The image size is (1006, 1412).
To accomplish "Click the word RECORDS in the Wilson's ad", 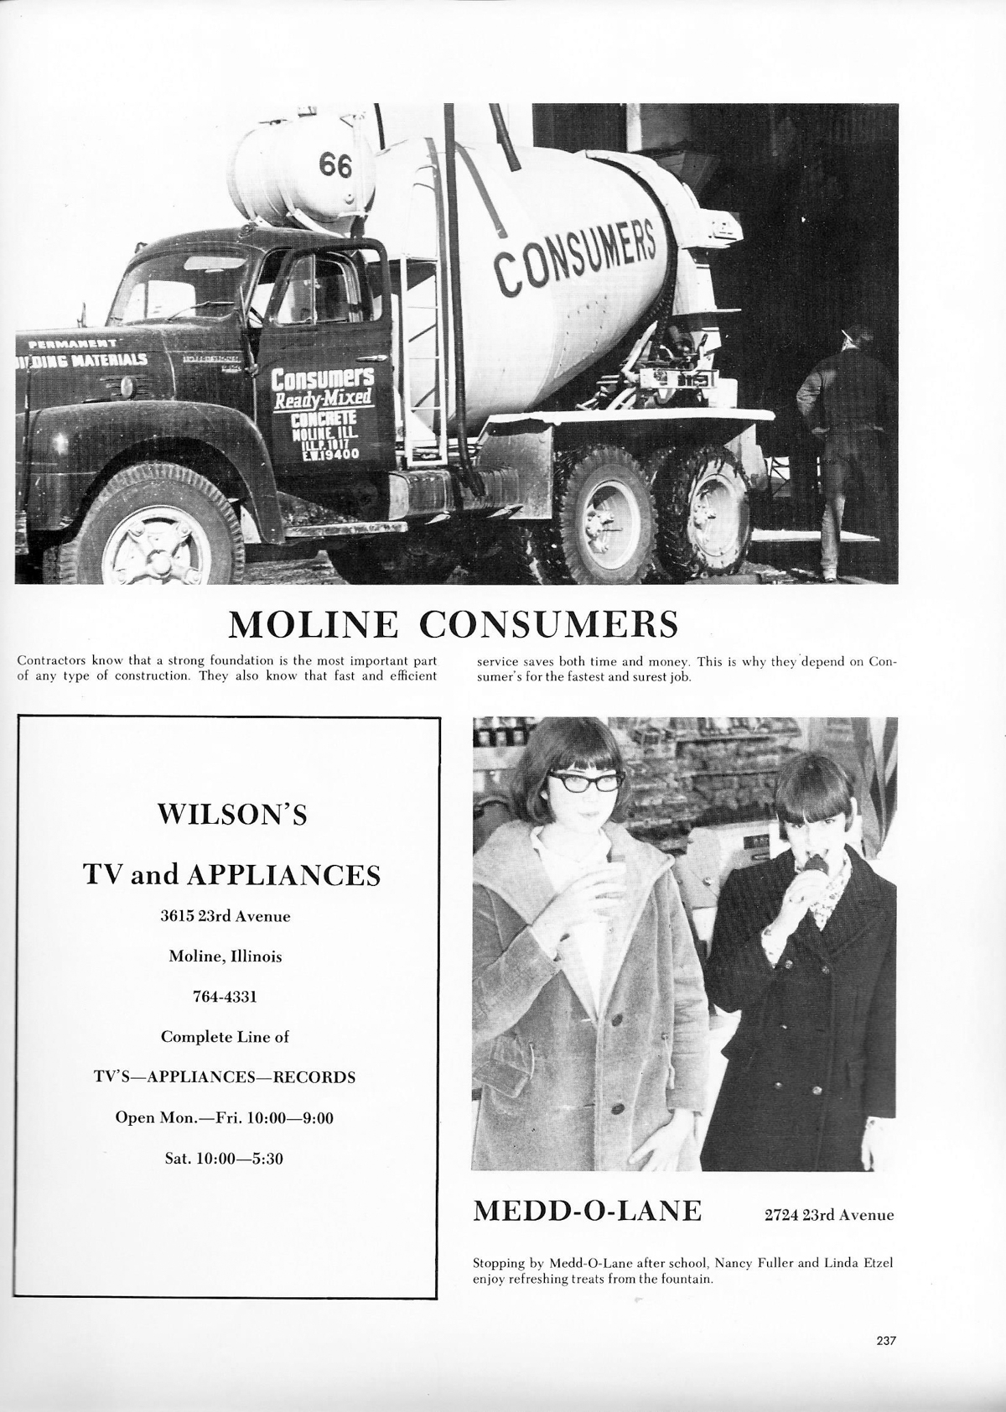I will (314, 1077).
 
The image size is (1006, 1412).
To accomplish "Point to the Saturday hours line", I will (225, 1159).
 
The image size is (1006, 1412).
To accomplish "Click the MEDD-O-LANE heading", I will (588, 1211).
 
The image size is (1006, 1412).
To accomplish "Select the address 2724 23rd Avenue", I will (829, 1215).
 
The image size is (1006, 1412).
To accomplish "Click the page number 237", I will (886, 1341).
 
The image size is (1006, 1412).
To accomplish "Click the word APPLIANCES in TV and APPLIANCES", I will (283, 875).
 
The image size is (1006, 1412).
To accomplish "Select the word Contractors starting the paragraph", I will (50, 661).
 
